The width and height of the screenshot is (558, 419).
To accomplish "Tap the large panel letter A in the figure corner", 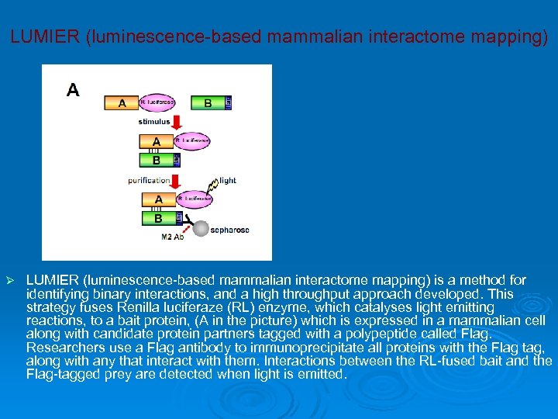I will tap(72, 90).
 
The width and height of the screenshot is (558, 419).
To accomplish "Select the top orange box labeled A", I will tap(122, 102).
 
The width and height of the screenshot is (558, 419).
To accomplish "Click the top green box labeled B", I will tap(207, 102).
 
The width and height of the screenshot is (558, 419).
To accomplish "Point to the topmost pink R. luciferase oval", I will tap(157, 102).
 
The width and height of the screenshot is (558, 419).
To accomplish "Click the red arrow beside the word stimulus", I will tap(177, 122).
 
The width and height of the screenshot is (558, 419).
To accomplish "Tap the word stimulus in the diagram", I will tap(154, 122).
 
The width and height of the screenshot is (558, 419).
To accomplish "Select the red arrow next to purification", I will tap(175, 182).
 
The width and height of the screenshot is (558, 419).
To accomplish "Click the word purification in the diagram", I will tap(149, 181).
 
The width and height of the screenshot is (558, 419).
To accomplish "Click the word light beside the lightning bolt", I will tap(227, 181).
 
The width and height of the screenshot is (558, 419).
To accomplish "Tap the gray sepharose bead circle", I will tap(201, 229).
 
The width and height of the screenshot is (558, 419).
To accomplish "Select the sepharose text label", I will tap(230, 230).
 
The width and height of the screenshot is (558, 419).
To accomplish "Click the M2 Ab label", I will tap(173, 237).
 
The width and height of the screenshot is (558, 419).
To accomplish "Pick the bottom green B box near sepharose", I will tap(158, 218).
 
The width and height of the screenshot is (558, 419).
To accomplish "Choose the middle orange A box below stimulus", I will tap(157, 141).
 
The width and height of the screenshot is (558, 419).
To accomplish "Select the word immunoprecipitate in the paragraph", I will tap(298, 348).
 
